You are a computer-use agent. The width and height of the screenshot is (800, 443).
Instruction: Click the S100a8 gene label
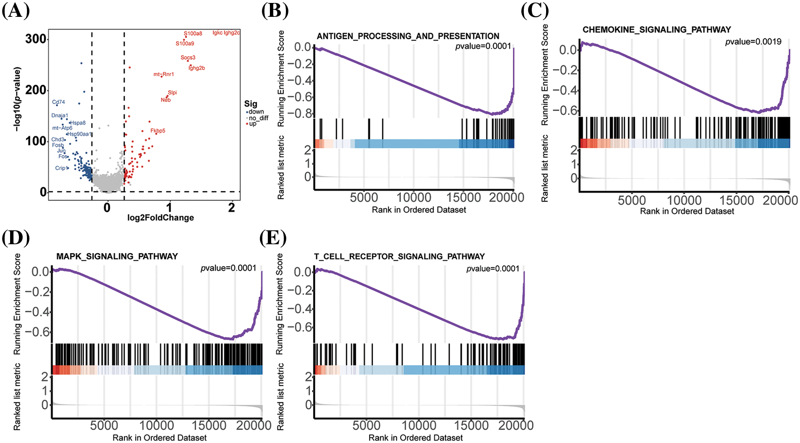[193, 34]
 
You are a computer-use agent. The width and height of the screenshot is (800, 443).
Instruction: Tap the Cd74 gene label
[59, 102]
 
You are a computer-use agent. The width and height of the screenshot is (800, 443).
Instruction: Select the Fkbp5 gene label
[158, 131]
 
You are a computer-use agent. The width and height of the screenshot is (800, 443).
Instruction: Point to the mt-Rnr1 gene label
[163, 75]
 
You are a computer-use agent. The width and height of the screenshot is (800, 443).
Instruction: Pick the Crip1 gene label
[61, 168]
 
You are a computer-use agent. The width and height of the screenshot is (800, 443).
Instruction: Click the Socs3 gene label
[188, 58]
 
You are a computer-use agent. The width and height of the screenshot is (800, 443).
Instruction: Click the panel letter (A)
[16, 11]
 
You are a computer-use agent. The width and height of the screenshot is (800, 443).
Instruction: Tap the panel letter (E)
[273, 238]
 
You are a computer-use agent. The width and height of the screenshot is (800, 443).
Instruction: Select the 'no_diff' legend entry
[258, 118]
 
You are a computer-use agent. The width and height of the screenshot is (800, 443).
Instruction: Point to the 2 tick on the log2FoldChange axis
[232, 208]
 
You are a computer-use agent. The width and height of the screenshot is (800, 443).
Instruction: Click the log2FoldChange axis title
[160, 218]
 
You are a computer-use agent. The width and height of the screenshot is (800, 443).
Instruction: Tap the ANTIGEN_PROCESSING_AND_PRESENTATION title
[408, 36]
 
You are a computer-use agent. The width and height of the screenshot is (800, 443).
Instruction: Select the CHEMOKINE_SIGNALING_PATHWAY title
[656, 29]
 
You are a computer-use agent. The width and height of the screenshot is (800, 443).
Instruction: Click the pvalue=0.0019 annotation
[753, 42]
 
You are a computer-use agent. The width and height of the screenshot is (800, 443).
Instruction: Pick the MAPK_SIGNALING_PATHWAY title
[117, 256]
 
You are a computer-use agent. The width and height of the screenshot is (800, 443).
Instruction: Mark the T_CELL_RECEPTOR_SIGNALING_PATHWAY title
[399, 256]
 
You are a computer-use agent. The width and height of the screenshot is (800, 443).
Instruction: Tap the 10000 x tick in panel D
[157, 426]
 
